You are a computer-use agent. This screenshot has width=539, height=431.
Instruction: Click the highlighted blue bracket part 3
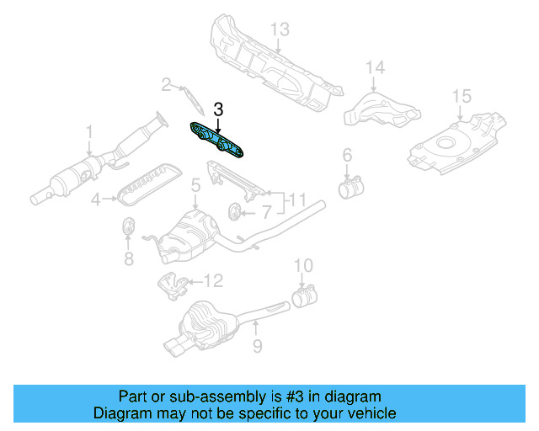tap(217, 138)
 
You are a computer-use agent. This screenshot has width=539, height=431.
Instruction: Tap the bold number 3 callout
tap(219, 109)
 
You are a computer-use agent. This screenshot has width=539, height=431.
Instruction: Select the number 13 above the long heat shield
tap(280, 29)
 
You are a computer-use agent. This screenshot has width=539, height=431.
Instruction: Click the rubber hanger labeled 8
tap(130, 228)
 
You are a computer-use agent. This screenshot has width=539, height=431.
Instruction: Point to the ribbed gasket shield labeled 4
tap(147, 184)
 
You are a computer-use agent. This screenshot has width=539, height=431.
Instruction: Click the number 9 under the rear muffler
tap(258, 345)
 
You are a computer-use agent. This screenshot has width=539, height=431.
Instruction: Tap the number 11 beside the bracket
tap(297, 200)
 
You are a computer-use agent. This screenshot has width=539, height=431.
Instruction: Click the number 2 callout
tap(167, 84)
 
